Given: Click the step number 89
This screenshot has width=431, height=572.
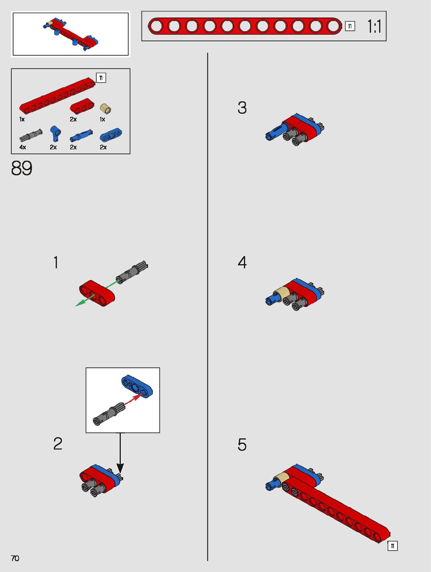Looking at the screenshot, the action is point(22,168).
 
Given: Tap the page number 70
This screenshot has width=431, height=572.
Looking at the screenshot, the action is point(15,558).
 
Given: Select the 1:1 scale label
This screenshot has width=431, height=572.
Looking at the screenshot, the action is point(374,26).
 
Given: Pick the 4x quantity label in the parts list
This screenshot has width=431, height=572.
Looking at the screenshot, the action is point(23,147).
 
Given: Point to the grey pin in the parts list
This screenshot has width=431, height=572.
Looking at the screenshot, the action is point(31,135).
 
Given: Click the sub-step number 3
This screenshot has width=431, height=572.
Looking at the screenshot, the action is point(242,108).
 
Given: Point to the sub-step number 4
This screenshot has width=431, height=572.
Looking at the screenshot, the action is point(242,262).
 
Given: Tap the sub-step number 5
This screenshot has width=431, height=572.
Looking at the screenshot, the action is point(242,445).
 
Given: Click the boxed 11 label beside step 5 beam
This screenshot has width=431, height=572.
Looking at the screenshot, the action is point(392,546).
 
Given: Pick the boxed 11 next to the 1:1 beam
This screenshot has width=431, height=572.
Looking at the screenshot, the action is point(350,26).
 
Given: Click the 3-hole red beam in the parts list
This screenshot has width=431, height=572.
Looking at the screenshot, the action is point(82,106).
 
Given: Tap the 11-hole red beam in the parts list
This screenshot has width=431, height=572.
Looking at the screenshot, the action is point(57,95).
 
